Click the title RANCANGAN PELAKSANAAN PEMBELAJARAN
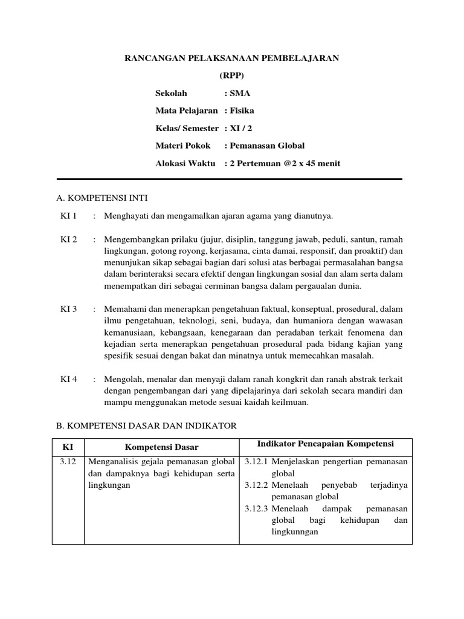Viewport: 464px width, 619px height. tap(231, 58)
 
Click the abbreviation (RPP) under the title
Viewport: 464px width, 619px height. tap(231, 76)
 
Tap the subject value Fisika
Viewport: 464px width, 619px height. tap(242, 111)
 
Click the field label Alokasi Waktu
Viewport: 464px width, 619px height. tap(185, 163)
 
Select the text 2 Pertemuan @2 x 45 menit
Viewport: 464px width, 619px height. tap(284, 163)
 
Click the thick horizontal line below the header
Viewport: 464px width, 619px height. tap(230, 179)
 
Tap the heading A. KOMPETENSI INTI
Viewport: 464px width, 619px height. tap(101, 198)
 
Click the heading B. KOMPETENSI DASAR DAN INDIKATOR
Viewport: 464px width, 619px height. tap(146, 426)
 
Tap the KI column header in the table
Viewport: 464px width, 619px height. tap(68, 447)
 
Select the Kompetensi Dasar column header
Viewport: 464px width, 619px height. tap(163, 447)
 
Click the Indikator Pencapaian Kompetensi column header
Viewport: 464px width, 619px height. tap(326, 444)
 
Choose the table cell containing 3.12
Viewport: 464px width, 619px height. tap(68, 462)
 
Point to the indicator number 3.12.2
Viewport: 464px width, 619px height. tap(257, 485)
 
